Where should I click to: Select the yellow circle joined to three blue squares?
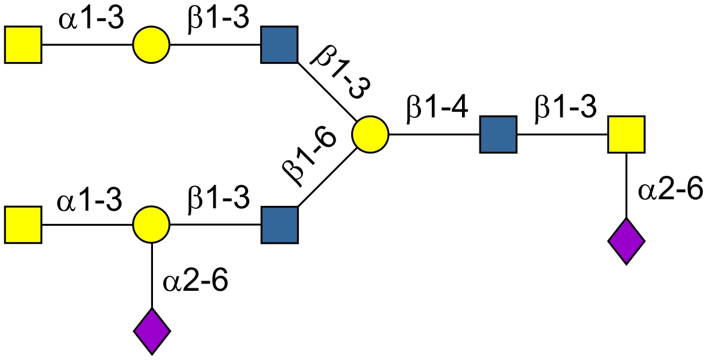tap(370, 134)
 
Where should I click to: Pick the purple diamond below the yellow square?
tap(626, 241)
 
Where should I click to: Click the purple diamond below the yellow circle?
tap(152, 331)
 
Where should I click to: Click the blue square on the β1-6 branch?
tap(280, 225)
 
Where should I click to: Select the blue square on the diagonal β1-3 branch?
tap(280, 45)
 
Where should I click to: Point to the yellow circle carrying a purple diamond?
tap(152, 225)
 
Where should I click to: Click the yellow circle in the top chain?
tap(152, 45)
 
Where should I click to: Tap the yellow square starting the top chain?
tap(23, 45)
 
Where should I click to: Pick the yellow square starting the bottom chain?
tap(23, 225)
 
